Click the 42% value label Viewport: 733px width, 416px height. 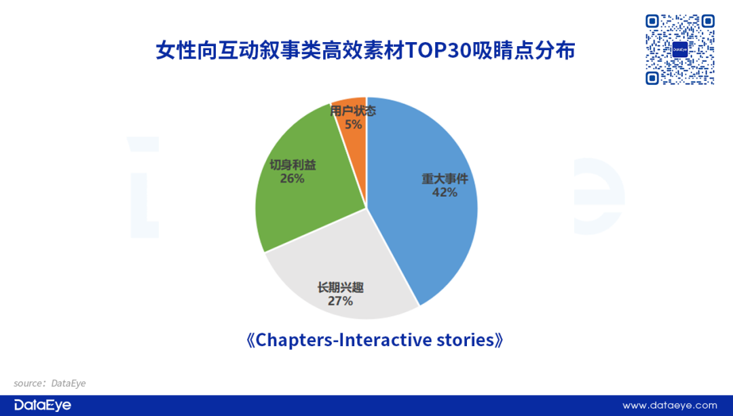[x=445, y=193]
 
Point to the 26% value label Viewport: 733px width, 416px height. [x=292, y=178]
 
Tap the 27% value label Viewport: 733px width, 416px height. [x=340, y=301]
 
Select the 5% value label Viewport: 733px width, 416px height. [x=354, y=125]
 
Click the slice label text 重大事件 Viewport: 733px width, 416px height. [x=445, y=178]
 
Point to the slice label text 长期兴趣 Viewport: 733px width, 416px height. [x=340, y=288]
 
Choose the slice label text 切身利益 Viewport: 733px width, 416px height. [x=293, y=164]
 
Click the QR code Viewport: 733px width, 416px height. [x=680, y=50]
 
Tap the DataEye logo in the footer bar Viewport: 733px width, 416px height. [x=43, y=405]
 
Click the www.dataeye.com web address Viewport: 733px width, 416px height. [x=669, y=405]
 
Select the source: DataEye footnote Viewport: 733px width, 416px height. [x=50, y=383]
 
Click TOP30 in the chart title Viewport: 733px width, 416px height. [x=439, y=50]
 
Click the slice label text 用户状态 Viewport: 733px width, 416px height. [x=353, y=111]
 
